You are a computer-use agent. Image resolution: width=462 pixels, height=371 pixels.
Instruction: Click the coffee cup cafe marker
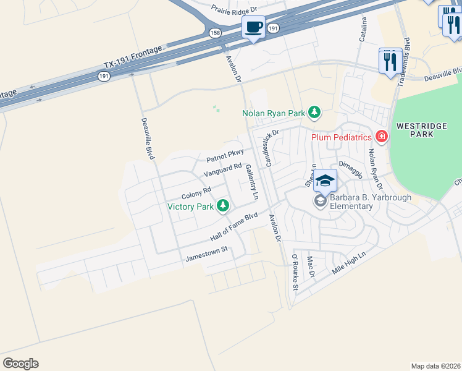[x=253, y=28]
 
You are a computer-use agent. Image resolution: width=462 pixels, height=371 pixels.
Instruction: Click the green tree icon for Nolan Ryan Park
[x=315, y=113]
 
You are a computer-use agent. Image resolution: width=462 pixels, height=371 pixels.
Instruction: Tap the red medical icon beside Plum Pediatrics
[x=382, y=136]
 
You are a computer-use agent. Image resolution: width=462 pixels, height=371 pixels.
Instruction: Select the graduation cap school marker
[x=325, y=181]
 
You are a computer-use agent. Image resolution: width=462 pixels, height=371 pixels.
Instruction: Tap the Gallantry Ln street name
[x=251, y=182]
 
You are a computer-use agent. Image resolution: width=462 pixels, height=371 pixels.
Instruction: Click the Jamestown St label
[x=207, y=254]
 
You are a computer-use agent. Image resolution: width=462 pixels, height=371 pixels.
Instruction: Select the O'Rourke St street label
[x=295, y=271]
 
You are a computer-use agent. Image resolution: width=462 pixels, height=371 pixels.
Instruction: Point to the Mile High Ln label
[x=349, y=263]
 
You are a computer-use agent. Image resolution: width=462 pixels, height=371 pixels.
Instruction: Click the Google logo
[x=20, y=364]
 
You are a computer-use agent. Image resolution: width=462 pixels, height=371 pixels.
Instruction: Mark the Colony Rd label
[x=196, y=192]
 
